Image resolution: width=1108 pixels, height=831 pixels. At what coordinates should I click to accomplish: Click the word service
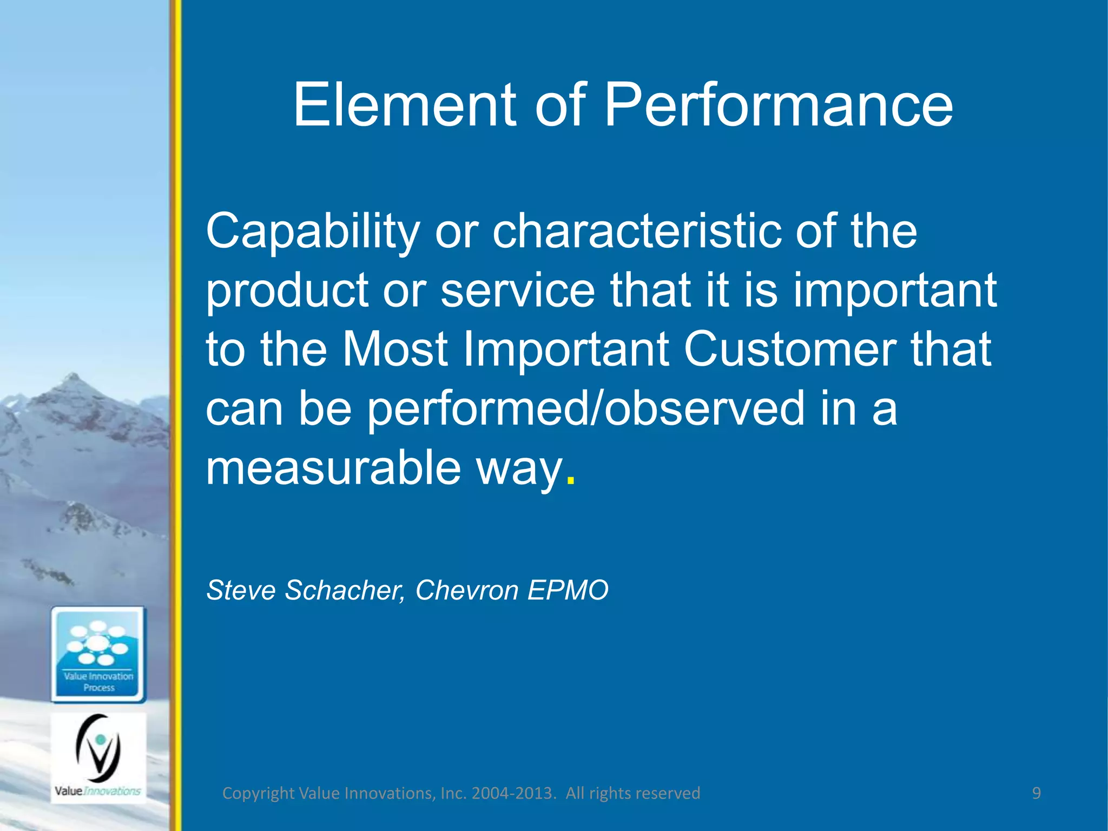coord(517,290)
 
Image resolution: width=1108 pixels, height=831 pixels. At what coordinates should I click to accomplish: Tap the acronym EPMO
coord(568,590)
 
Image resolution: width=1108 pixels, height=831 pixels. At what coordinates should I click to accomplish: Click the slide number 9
coord(1036,793)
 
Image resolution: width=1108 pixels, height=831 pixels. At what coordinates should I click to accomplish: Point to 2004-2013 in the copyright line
coord(513,793)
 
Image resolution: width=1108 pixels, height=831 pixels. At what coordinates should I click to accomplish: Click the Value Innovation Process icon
coord(98,654)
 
